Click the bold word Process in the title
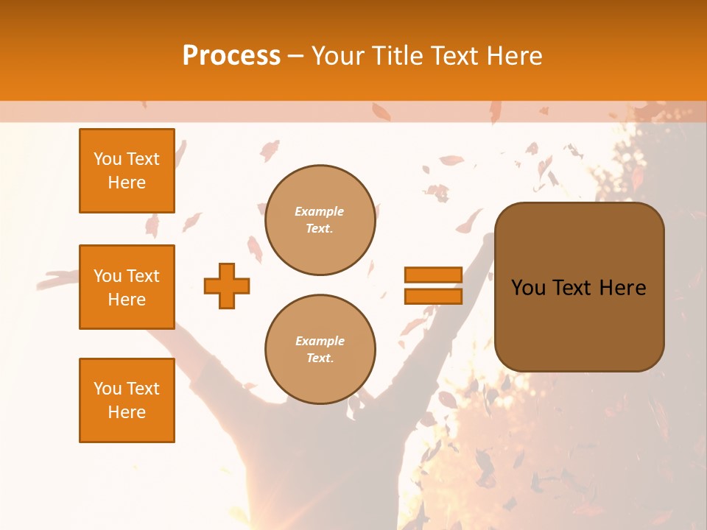point(231,56)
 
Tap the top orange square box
point(127,171)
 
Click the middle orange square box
point(127,287)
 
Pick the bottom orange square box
point(127,400)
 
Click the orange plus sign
point(227,286)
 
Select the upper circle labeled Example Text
point(320,220)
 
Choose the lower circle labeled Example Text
point(320,350)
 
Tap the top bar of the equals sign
point(433,275)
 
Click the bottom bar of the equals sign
point(433,296)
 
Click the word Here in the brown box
point(622,288)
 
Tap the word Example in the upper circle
point(320,212)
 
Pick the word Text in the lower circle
point(319,358)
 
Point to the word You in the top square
point(108,160)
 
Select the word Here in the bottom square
point(127,412)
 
